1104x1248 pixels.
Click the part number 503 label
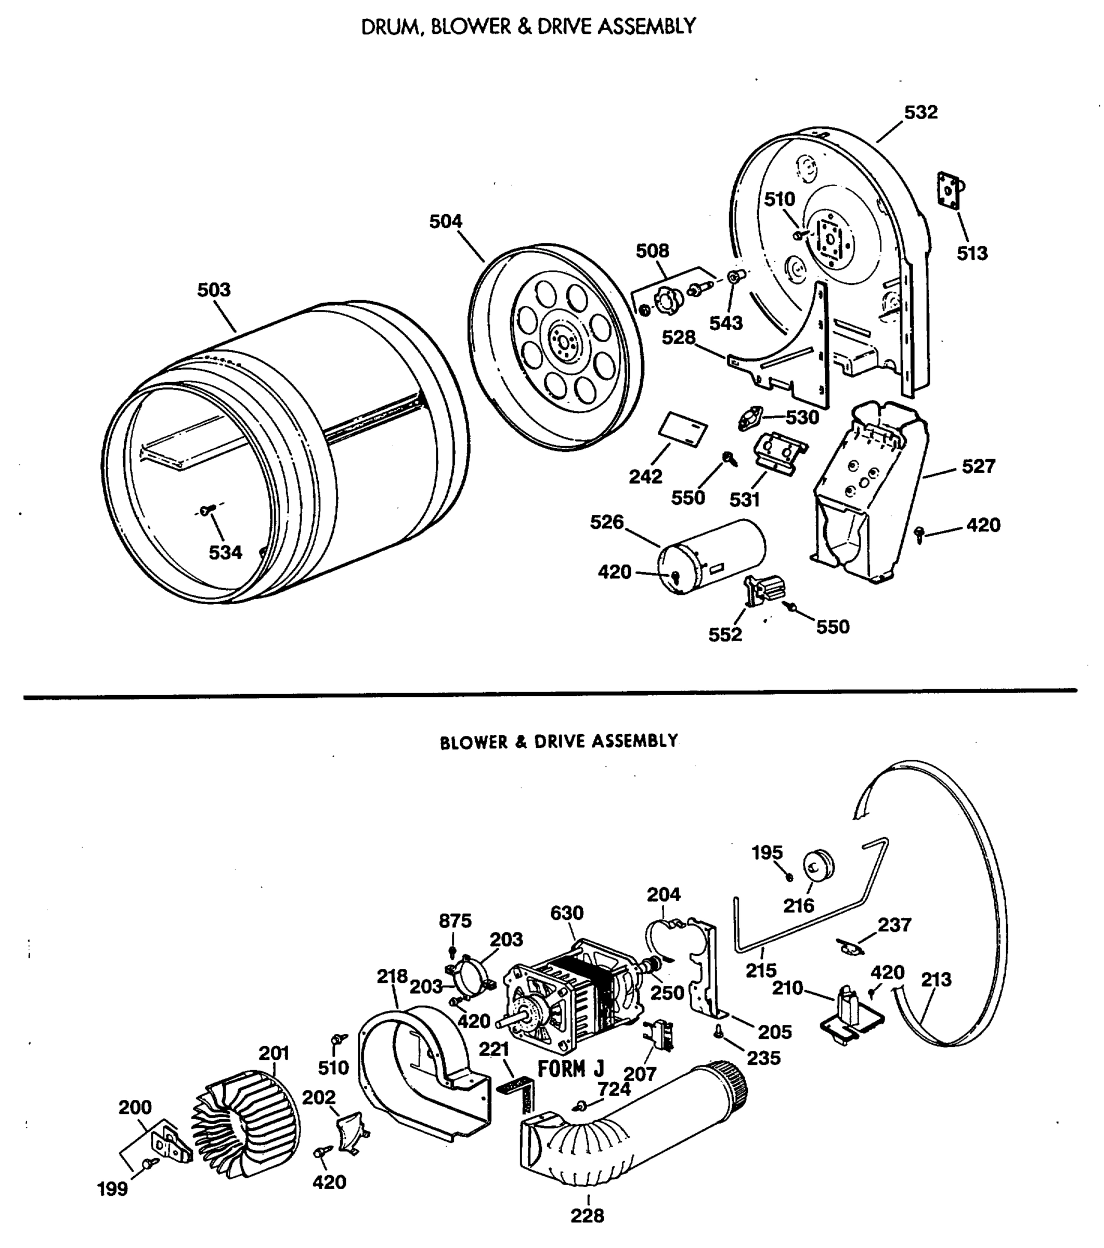[214, 290]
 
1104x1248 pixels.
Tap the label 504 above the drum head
[445, 222]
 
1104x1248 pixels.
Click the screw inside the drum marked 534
[206, 510]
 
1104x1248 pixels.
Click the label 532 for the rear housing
[921, 112]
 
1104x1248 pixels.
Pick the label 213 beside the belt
[936, 980]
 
